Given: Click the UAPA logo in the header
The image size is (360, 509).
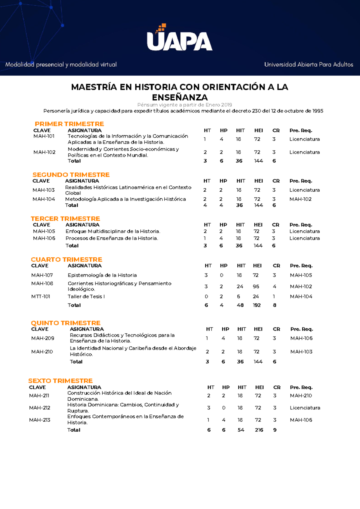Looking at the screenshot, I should (x=179, y=39).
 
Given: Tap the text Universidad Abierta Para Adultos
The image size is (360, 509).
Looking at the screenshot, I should (x=308, y=64).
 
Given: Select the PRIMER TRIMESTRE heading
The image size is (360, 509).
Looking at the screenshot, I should (x=69, y=124).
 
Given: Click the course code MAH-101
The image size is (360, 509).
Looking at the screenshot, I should (x=44, y=136).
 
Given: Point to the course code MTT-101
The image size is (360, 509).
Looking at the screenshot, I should (x=40, y=296).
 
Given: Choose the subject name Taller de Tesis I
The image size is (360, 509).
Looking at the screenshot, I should (x=86, y=296).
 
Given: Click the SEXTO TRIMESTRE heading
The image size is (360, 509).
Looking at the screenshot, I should (x=60, y=381).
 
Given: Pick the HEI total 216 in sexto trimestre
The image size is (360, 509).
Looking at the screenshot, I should (x=259, y=430).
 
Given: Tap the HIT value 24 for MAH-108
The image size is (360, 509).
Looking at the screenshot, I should (x=240, y=286).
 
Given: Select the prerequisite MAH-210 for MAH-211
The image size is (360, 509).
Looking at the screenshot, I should (x=301, y=396).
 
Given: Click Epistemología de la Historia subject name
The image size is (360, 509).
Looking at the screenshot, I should (x=102, y=275).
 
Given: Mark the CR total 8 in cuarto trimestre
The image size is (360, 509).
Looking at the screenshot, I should (x=274, y=305).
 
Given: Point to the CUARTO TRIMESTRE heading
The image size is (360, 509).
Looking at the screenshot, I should (x=66, y=259).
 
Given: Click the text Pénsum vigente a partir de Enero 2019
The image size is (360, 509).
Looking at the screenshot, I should (x=184, y=105).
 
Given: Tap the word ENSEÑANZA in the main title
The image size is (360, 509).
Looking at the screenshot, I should (x=180, y=97).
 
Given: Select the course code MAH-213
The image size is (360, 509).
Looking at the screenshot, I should (x=40, y=420).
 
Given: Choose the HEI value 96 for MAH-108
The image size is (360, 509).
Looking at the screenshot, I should (x=256, y=286).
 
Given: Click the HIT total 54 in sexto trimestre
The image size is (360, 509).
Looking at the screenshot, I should (x=241, y=430).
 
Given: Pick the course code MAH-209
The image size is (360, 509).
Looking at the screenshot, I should (x=43, y=338).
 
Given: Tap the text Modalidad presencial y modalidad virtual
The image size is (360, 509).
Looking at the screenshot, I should (x=61, y=64).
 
